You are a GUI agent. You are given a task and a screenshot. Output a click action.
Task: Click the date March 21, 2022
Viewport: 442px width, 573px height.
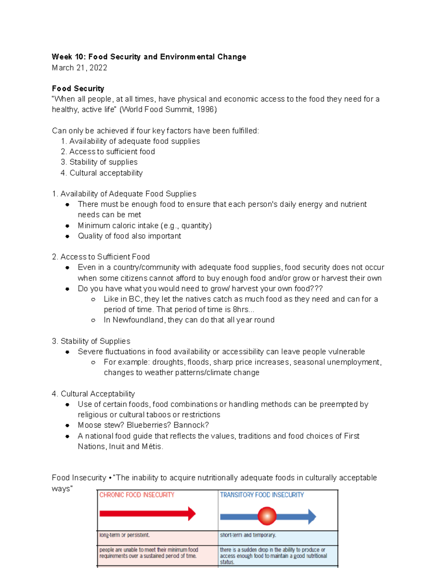click(80, 68)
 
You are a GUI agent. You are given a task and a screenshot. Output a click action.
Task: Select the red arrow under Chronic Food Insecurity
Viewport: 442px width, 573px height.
click(147, 514)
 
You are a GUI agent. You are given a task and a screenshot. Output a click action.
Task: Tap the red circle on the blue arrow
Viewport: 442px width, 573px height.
click(267, 516)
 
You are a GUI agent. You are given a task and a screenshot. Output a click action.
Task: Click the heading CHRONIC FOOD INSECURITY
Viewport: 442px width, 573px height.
click(137, 495)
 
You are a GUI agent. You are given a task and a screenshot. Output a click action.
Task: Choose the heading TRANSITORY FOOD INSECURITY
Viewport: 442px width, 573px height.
click(262, 495)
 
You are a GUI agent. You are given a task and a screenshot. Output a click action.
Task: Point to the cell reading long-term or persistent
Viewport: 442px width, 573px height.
click(124, 535)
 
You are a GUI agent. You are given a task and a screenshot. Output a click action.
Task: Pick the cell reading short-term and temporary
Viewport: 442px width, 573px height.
click(248, 535)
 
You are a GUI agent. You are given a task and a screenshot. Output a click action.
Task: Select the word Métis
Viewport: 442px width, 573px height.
click(151, 446)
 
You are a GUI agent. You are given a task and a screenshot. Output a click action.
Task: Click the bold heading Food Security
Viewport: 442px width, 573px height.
click(78, 89)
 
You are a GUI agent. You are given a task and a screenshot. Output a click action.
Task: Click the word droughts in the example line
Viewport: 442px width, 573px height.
click(169, 362)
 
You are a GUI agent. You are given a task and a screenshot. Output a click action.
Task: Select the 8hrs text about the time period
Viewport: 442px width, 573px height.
click(241, 310)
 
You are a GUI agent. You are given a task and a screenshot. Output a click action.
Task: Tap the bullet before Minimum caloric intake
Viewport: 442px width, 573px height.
click(67, 226)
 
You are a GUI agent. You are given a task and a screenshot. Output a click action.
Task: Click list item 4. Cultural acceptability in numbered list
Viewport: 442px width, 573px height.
click(102, 173)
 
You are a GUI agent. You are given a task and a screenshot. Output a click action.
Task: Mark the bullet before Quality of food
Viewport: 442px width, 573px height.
click(67, 237)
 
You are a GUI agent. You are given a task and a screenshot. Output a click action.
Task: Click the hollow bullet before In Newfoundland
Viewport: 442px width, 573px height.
click(94, 320)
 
